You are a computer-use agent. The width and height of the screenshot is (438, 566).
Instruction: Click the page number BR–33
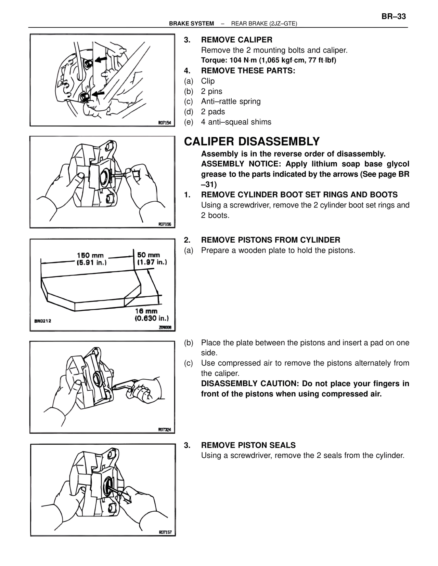(393, 16)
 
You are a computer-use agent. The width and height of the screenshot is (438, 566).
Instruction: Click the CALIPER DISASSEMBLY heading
(252, 141)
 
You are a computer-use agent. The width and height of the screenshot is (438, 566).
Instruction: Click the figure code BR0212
(42, 321)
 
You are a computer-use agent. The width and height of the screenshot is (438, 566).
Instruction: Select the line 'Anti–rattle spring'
(231, 102)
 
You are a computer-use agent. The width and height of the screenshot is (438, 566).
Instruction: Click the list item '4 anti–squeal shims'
(236, 122)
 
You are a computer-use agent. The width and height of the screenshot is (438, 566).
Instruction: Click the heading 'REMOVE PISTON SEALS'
(248, 445)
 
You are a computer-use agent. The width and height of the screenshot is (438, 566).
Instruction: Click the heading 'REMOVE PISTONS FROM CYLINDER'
(270, 240)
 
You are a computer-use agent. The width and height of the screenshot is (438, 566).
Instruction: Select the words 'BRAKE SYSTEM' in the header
(191, 24)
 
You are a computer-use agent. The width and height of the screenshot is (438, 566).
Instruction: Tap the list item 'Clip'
(208, 81)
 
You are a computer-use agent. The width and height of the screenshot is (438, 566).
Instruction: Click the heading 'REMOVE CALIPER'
(236, 40)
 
